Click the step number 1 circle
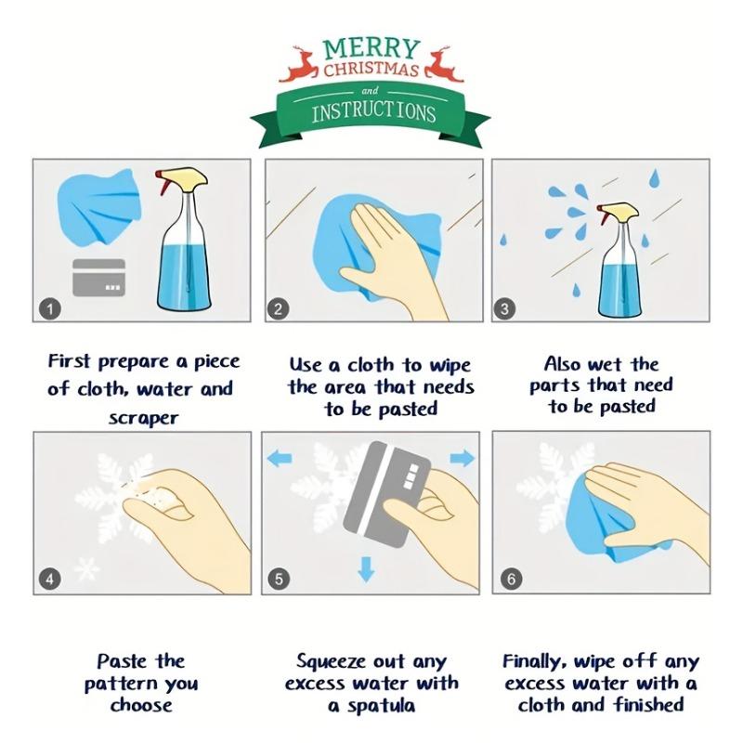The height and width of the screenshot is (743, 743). pos(50,309)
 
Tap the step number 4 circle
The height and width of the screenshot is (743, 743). pos(50,579)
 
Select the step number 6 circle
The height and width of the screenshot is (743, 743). pos(512,579)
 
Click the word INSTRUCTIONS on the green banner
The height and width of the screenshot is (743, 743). pos(373,112)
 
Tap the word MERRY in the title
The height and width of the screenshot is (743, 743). pos(371,49)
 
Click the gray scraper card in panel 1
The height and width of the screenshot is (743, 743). pos(99,277)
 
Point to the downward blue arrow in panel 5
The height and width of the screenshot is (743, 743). pos(366,568)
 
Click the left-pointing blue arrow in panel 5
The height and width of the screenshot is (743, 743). pos(280,458)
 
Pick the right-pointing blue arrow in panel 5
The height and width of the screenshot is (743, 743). pos(462,458)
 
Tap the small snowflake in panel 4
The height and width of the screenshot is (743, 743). pos(87,568)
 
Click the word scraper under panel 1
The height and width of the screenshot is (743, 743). pos(144,418)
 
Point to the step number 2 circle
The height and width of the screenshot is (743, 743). pos(278,309)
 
